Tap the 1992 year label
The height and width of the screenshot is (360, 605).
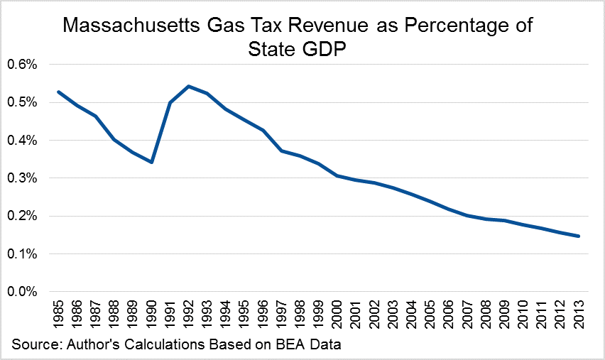[x=189, y=314]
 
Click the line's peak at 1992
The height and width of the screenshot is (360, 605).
[x=189, y=86]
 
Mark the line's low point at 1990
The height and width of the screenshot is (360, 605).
[x=152, y=162]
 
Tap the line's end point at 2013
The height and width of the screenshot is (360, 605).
[x=579, y=236]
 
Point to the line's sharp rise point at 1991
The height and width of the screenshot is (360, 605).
[x=170, y=102]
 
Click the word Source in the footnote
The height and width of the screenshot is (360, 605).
[x=35, y=345]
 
